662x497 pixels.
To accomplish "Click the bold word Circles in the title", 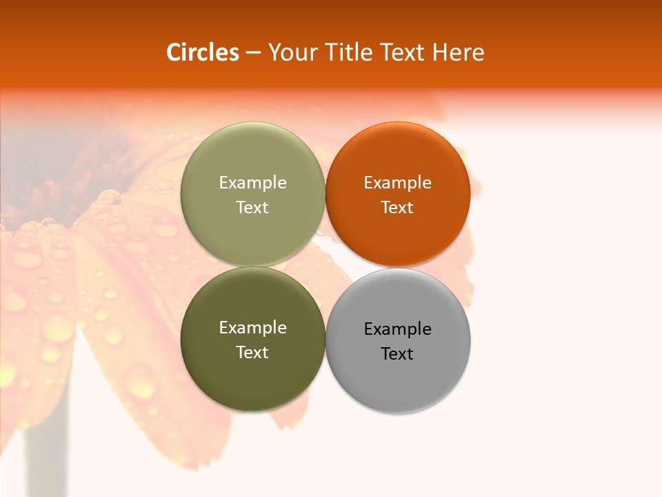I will click(x=202, y=52).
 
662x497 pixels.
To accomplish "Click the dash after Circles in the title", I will click(x=253, y=53).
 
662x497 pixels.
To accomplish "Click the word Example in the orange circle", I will click(x=397, y=183).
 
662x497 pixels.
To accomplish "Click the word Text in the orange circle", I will click(x=397, y=208).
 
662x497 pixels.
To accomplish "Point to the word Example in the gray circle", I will click(x=397, y=329).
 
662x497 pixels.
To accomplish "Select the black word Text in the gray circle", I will click(x=397, y=354).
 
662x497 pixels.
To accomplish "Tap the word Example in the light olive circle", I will click(x=252, y=183).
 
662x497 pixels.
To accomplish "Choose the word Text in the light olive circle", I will click(x=252, y=208).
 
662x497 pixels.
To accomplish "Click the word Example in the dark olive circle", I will click(x=252, y=328).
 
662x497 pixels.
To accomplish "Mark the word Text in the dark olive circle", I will click(x=252, y=353).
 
